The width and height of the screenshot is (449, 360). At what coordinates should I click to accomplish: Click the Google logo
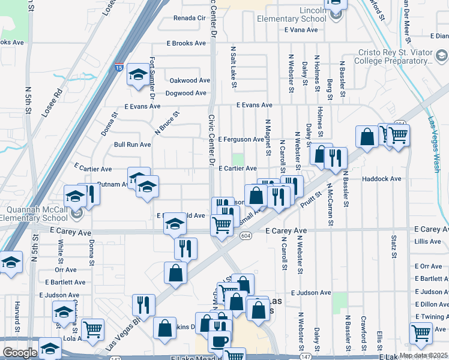[x=20, y=353]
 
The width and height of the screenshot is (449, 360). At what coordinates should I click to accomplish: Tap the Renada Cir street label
[x=190, y=18]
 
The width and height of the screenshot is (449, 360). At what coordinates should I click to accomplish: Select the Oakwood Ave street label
[x=190, y=80]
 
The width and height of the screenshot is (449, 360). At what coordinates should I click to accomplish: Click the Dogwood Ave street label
[x=188, y=93]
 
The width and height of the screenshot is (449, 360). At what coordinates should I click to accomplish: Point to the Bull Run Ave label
[x=132, y=145]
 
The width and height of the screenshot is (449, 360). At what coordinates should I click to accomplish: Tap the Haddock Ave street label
[x=381, y=179]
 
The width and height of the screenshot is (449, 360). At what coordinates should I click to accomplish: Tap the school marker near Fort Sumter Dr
[x=139, y=76]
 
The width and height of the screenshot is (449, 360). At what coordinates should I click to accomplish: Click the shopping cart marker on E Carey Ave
[x=221, y=226]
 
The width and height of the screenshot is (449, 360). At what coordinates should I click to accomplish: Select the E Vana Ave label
[x=305, y=29]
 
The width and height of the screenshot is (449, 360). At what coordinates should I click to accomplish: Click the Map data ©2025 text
[x=423, y=355]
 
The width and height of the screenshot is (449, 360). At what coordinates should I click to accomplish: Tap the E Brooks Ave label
[x=187, y=44]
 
